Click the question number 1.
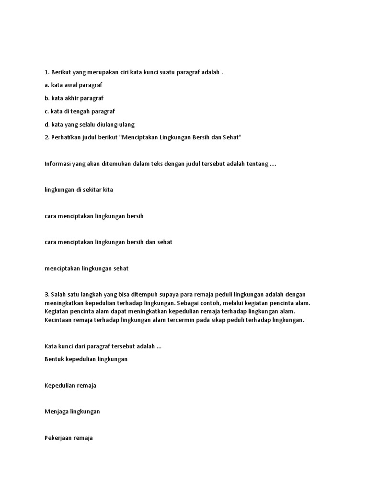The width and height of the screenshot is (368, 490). pos(46,72)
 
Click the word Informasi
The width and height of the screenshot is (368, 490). pos(57,164)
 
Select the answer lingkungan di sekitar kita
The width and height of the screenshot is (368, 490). pos(78,189)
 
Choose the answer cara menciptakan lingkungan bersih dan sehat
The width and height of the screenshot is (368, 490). pos(108,242)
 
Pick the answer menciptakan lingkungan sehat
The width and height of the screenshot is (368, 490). pos(86,268)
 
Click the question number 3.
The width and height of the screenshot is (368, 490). pos(46,294)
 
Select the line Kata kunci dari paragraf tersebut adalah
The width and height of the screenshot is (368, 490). pos(103,346)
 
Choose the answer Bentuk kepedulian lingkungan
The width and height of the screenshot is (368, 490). pos(86,359)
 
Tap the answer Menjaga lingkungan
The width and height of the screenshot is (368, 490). pos(72,412)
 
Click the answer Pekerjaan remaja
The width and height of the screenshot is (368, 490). pos(69,438)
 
